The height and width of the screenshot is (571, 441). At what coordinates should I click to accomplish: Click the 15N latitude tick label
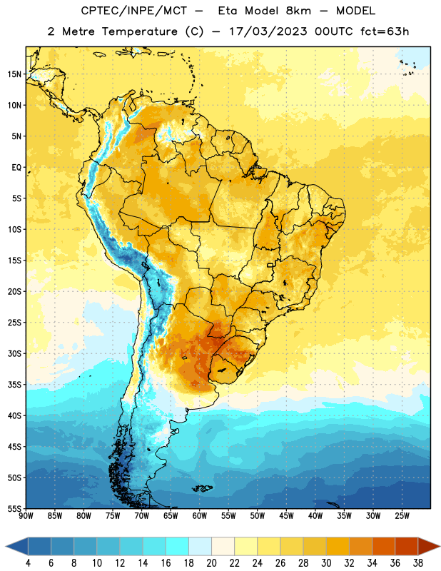(14, 74)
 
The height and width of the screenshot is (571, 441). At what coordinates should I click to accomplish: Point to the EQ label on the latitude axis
(16, 168)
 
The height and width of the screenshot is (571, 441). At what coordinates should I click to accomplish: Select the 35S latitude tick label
(14, 385)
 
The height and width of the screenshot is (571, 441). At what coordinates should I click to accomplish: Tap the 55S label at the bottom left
(14, 508)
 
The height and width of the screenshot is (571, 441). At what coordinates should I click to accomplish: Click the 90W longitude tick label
(26, 516)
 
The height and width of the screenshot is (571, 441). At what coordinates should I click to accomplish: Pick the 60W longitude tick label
(200, 516)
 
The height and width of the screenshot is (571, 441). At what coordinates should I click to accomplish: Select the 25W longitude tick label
(402, 516)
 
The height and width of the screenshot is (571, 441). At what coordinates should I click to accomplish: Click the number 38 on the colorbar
(417, 563)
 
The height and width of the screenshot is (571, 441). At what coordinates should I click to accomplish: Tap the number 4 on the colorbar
(28, 563)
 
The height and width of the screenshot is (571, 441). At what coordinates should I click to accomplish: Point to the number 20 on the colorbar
(211, 563)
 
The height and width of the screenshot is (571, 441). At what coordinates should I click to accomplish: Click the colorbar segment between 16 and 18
(178, 546)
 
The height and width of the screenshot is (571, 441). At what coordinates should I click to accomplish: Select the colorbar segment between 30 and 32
(338, 546)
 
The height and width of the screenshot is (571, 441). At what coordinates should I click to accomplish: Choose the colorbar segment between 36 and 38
(407, 546)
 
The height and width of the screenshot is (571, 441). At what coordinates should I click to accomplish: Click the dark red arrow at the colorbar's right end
(427, 546)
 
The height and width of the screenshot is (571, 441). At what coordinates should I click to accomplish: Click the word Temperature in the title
(139, 31)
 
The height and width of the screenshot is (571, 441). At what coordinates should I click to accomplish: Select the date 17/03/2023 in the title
(268, 31)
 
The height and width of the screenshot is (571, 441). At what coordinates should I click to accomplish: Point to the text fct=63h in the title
(385, 31)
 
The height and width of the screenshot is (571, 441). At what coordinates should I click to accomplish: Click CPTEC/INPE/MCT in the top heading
(134, 11)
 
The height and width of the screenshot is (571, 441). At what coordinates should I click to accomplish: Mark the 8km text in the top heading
(298, 11)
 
